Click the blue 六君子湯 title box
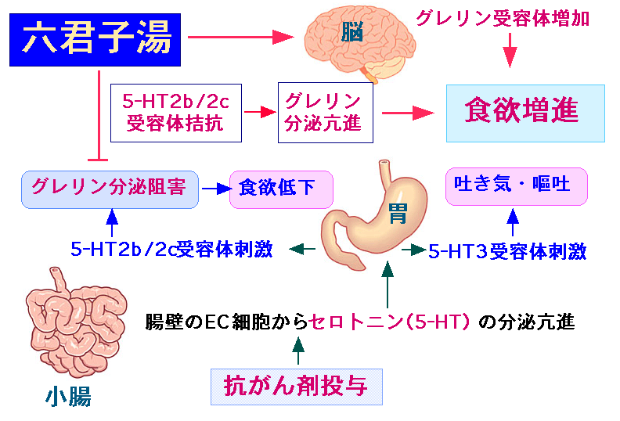[x=95, y=40]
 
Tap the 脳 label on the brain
[x=351, y=31]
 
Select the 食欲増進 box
[x=525, y=113]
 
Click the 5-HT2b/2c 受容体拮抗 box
[x=176, y=113]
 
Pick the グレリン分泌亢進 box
[x=326, y=113]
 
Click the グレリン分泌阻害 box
[x=110, y=189]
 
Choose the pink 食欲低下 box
[x=281, y=189]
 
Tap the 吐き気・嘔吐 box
[x=517, y=186]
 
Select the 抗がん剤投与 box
[x=297, y=387]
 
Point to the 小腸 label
[x=68, y=397]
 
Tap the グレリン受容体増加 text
[x=503, y=19]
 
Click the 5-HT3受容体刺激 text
[x=507, y=251]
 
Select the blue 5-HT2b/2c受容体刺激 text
[x=171, y=249]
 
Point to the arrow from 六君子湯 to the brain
[x=241, y=37]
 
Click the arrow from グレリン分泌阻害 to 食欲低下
[x=216, y=189]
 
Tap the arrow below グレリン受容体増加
[x=510, y=51]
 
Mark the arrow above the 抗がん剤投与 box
[x=298, y=351]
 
